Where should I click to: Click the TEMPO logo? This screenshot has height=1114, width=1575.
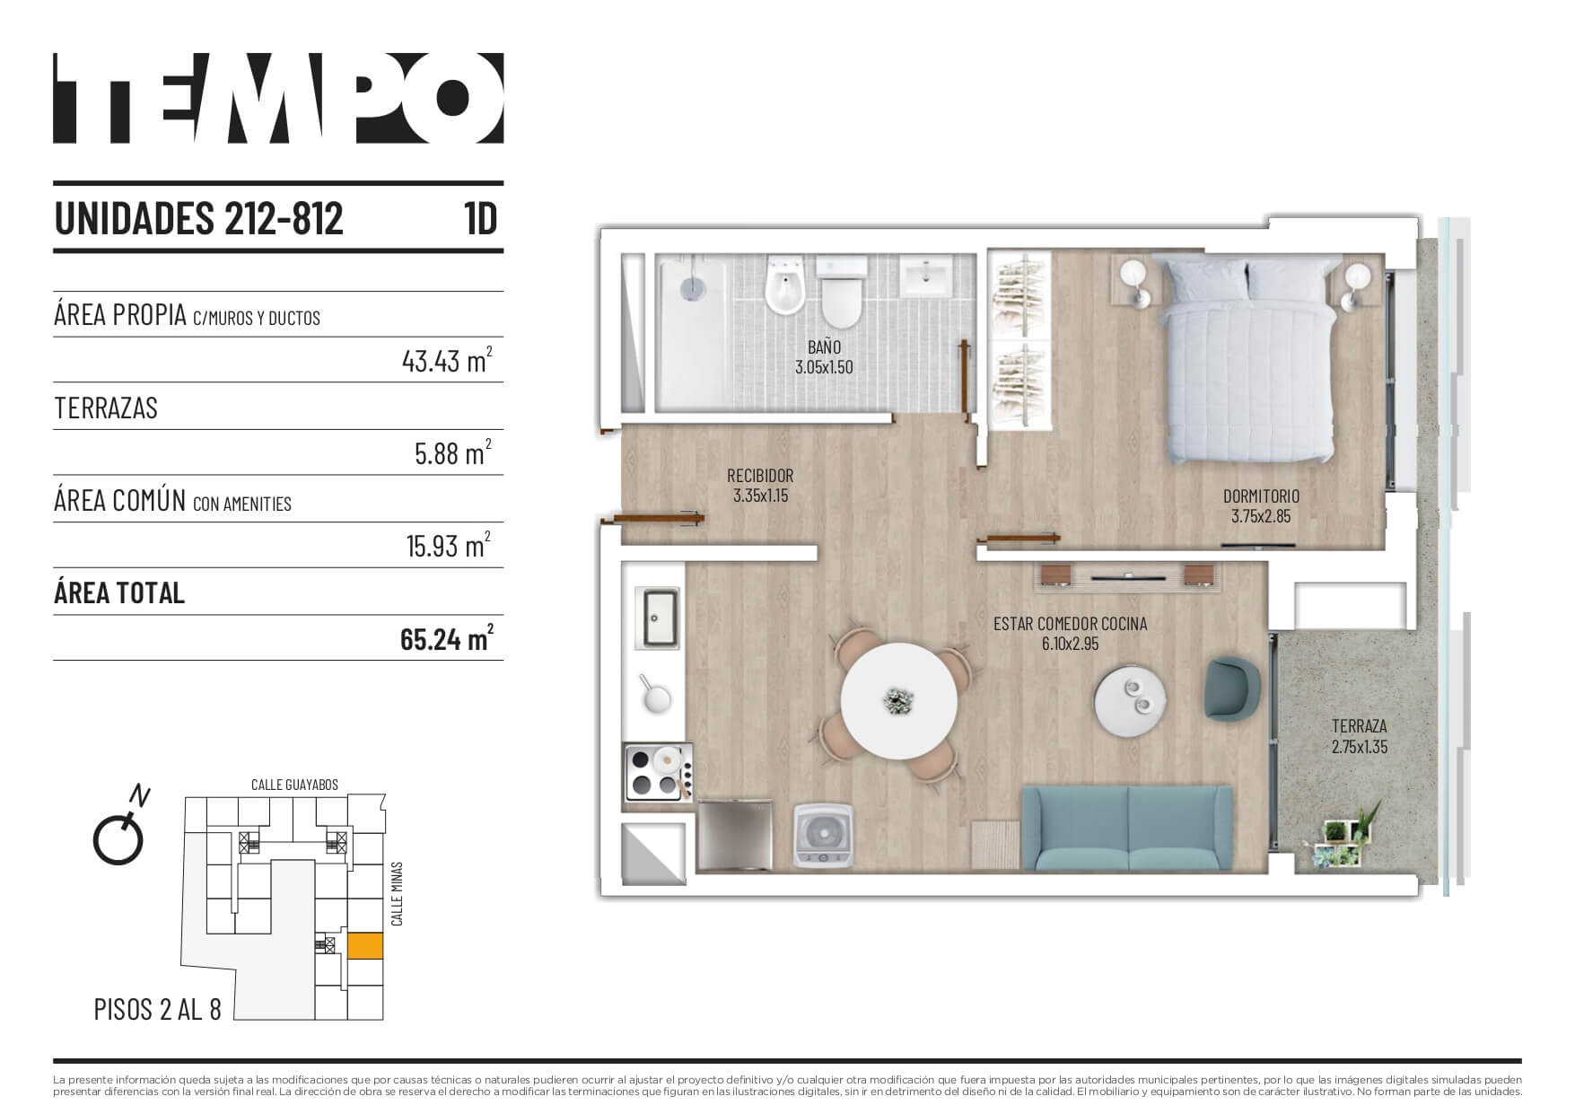pos(278,98)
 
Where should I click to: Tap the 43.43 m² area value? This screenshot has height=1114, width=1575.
pos(447,361)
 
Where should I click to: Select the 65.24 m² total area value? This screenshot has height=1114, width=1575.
pos(447,639)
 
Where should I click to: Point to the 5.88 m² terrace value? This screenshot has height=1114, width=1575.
pos(453,453)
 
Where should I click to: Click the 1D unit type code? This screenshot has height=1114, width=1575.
pos(481,218)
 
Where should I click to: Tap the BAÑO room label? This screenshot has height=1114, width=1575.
pos(823,346)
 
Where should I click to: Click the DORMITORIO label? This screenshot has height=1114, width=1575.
pos(1261,496)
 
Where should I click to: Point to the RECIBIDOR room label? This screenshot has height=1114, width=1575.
pos(760,476)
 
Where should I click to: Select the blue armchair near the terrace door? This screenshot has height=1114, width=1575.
pos(1233,688)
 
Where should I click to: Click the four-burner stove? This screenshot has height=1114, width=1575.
pos(657,772)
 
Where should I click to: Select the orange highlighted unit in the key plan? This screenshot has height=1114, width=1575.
pos(365,946)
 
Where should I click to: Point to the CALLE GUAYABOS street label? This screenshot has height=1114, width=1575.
pos(294,785)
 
